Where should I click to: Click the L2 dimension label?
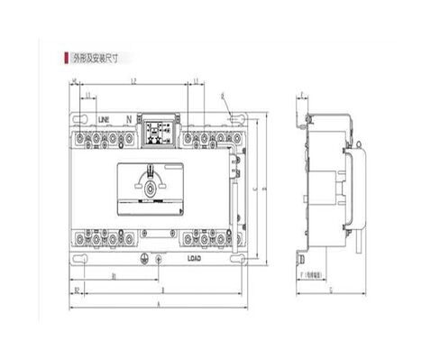pos(133,82)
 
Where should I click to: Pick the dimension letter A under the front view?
pos(160,306)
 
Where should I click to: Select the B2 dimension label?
pos(78,290)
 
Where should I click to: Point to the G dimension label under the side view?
pos(332,290)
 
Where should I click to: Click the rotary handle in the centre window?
pos(151,185)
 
